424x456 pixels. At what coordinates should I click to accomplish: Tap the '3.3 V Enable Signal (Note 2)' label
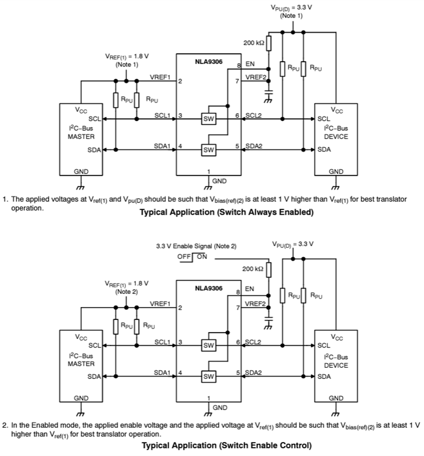[196, 246]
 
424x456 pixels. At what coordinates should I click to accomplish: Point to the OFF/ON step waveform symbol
[193, 256]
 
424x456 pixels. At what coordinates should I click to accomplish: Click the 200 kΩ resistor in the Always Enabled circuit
[268, 43]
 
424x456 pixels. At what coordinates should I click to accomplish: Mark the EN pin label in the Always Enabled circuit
[250, 64]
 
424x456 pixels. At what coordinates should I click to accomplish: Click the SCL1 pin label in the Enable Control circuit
[162, 341]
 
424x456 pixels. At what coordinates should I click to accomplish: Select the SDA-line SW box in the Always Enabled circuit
[208, 150]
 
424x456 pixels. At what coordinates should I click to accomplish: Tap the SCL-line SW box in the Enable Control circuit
[208, 345]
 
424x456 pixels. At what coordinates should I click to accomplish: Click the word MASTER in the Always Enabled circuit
[81, 136]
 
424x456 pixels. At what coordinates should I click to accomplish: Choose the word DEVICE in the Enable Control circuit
[336, 366]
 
